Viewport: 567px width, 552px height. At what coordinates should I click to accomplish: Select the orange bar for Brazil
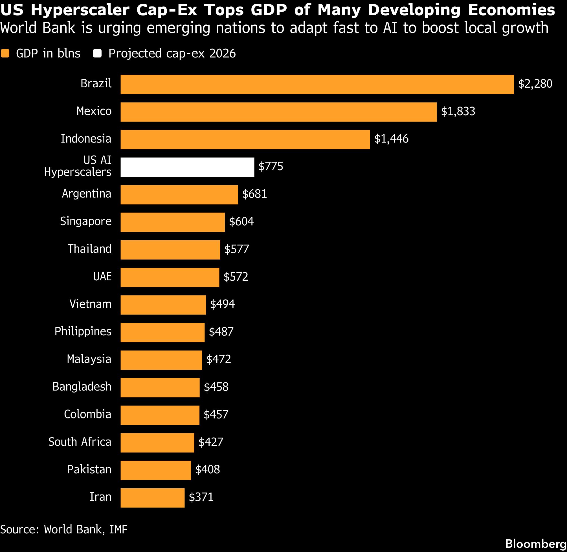pos(317,84)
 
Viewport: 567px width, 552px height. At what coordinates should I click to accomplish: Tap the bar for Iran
pos(152,498)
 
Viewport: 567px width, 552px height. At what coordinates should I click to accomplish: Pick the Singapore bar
pos(173,222)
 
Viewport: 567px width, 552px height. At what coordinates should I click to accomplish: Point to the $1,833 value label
pos(458,111)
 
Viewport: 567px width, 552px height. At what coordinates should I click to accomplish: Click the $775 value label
pos(271,167)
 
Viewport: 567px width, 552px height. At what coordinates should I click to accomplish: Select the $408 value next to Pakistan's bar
pos(207,469)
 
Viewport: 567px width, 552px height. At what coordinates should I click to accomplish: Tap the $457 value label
pos(216,414)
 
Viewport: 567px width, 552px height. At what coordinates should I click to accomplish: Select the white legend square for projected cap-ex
pos(97,53)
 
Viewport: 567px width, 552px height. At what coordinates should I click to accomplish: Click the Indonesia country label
pos(86,139)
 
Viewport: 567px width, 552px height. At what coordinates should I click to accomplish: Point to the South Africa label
pos(80,442)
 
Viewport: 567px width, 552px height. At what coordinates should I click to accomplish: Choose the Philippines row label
pos(83,332)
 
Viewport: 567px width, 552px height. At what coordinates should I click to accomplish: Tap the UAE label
pos(102,276)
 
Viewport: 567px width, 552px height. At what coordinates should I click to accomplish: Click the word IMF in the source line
pos(118,529)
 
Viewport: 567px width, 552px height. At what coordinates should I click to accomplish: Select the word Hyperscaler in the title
pos(80,10)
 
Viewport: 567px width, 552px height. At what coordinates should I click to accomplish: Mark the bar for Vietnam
pos(163,305)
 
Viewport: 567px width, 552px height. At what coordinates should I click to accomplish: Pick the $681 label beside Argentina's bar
pos(254,194)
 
